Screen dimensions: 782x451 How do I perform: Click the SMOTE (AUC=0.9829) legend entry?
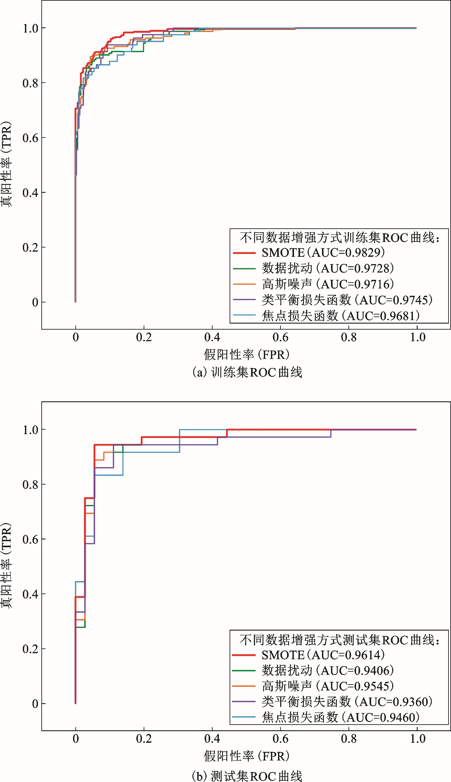pyautogui.click(x=323, y=252)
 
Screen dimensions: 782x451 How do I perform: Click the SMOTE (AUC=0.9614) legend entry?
pyautogui.click(x=323, y=655)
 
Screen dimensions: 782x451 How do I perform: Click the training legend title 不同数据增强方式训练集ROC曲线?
pyautogui.click(x=339, y=238)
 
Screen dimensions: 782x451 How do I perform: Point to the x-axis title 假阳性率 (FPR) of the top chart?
pyautogui.click(x=247, y=354)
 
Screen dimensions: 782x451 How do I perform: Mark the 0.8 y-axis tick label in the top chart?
pyautogui.click(x=30, y=83)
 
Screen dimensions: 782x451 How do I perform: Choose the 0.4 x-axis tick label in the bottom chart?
pyautogui.click(x=212, y=739)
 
